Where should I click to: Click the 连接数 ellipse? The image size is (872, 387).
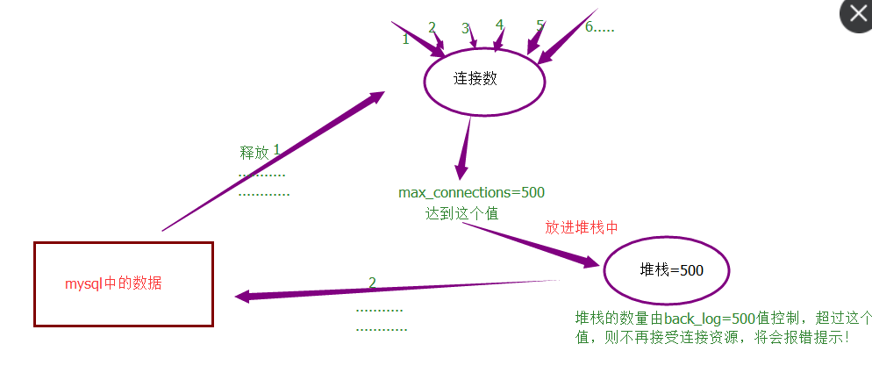pyautogui.click(x=484, y=79)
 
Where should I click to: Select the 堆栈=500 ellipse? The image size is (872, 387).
pyautogui.click(x=667, y=269)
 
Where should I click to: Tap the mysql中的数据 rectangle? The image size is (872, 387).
pyautogui.click(x=123, y=284)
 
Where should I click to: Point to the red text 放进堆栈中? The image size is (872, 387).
pyautogui.click(x=582, y=227)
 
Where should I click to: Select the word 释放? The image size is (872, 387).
pyautogui.click(x=254, y=153)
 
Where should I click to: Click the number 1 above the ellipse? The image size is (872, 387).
pyautogui.click(x=405, y=39)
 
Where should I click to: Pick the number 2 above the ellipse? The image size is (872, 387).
pyautogui.click(x=432, y=27)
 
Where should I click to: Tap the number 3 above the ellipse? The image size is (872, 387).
pyautogui.click(x=466, y=29)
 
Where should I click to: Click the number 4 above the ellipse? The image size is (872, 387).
pyautogui.click(x=499, y=25)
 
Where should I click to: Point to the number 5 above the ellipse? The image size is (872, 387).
pyautogui.click(x=540, y=26)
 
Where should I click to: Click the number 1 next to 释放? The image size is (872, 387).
pyautogui.click(x=276, y=150)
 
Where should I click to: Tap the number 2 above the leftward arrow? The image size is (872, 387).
pyautogui.click(x=372, y=283)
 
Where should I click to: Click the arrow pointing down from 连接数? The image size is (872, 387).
pyautogui.click(x=464, y=149)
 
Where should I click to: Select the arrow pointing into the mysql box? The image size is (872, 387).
pyautogui.click(x=395, y=289)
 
